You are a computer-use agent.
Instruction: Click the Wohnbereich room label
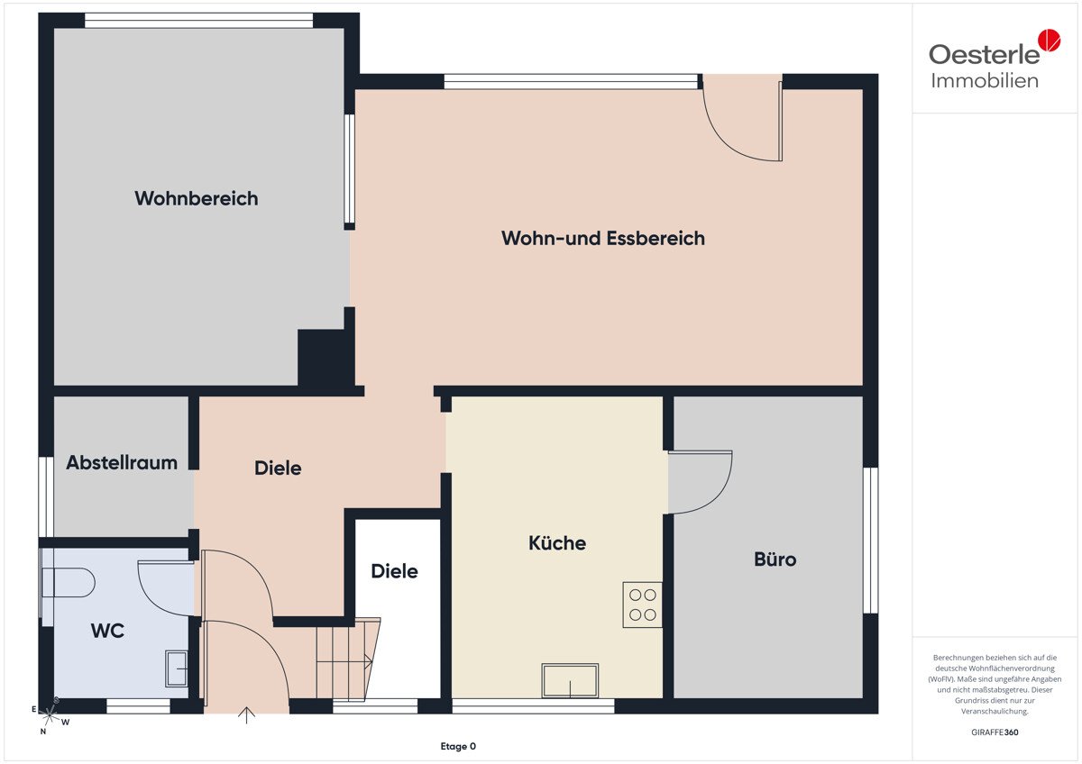click(x=197, y=198)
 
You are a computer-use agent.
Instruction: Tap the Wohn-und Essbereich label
click(x=603, y=239)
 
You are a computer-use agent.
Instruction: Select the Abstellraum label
click(x=122, y=462)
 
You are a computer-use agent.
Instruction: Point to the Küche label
click(x=557, y=543)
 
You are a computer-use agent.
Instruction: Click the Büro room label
click(x=775, y=559)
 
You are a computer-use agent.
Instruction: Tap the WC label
click(x=107, y=631)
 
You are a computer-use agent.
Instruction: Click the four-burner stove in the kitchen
click(x=642, y=605)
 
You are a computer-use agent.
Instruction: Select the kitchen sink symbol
click(x=570, y=680)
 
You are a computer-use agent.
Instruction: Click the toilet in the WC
click(x=68, y=583)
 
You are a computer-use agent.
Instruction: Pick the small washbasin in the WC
click(x=177, y=668)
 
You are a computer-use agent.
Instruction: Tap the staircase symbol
click(x=348, y=659)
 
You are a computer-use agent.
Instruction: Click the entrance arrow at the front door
click(x=246, y=715)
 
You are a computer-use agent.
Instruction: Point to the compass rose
click(x=49, y=715)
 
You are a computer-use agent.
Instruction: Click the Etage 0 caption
click(x=458, y=746)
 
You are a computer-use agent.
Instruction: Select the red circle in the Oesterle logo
click(x=1050, y=40)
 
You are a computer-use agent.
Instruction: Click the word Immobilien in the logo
click(x=985, y=81)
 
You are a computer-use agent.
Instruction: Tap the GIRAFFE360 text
click(x=995, y=732)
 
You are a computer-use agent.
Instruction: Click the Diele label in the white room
click(x=394, y=571)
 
